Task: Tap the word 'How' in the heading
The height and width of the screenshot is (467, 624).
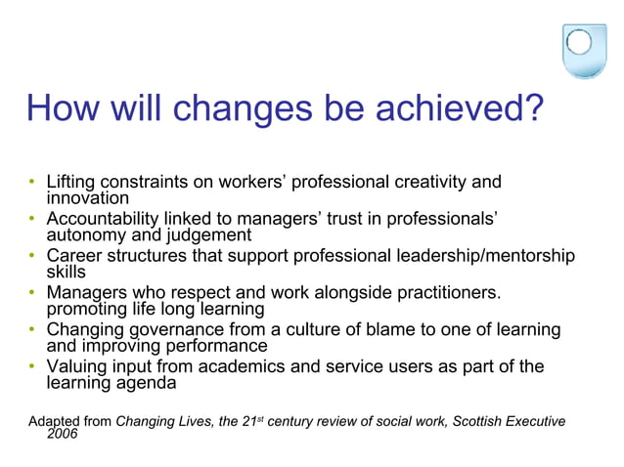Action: click(x=65, y=107)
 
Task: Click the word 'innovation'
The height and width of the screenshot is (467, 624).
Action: click(x=88, y=197)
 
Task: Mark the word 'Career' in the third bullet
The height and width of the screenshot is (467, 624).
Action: click(x=74, y=256)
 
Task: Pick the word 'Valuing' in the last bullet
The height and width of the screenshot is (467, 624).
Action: click(x=77, y=367)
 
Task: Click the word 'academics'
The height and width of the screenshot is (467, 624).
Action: click(x=257, y=367)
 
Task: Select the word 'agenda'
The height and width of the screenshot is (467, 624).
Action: click(x=146, y=383)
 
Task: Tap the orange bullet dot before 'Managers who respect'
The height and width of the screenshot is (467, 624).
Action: click(x=32, y=293)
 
